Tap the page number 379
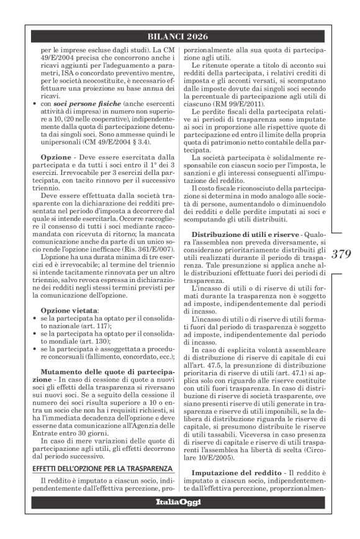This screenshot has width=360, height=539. pyautogui.click(x=341, y=253)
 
